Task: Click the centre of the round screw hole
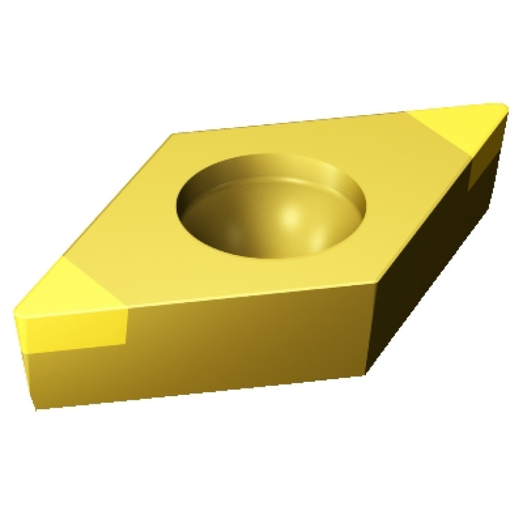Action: [271, 205]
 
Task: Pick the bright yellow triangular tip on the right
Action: [460, 125]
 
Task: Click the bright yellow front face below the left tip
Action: [75, 330]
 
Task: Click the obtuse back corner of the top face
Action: [173, 134]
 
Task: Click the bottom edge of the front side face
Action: [205, 391]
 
